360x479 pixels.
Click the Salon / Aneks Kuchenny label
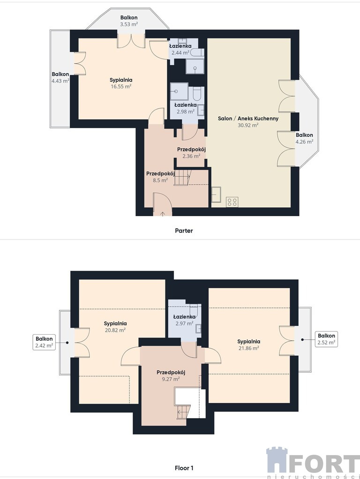click(248, 118)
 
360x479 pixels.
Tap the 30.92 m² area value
click(248, 125)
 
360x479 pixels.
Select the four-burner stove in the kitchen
click(232, 202)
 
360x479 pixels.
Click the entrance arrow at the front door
click(162, 213)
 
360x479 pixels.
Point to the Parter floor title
click(184, 230)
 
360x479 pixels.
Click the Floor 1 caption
click(184, 468)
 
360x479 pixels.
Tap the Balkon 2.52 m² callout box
click(326, 339)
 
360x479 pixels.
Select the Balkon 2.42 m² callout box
click(44, 342)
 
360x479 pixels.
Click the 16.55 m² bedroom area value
click(121, 86)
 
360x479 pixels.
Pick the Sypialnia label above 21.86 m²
click(249, 342)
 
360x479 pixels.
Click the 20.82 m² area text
click(115, 330)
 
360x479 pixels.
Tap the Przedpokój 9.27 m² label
click(171, 376)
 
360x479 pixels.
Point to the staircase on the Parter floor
click(182, 178)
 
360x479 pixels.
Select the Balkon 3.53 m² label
click(128, 21)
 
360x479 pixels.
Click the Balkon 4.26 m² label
click(304, 138)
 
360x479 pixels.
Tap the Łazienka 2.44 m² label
click(180, 49)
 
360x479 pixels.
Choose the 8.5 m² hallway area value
click(160, 180)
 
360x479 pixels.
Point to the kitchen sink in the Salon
click(217, 195)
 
